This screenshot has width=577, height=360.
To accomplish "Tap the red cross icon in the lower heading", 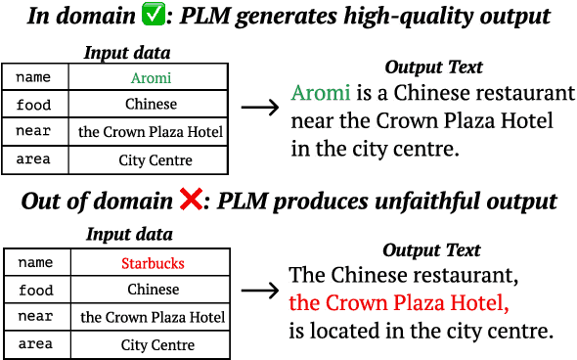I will pyautogui.click(x=193, y=202).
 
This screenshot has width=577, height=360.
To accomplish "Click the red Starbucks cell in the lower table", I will pyautogui.click(x=153, y=262).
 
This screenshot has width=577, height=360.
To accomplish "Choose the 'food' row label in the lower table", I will pyautogui.click(x=36, y=290).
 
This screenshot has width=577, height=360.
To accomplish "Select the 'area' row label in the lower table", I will pyautogui.click(x=36, y=344).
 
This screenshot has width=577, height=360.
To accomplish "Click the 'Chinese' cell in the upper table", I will pyautogui.click(x=151, y=104).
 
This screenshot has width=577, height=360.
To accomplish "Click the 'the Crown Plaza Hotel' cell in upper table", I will pyautogui.click(x=151, y=131).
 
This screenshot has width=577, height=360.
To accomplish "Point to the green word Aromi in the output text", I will pyautogui.click(x=321, y=94).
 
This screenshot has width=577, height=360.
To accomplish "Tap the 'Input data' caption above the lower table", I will pyautogui.click(x=129, y=235).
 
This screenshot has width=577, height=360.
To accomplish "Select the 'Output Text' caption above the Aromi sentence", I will pyautogui.click(x=433, y=67).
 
